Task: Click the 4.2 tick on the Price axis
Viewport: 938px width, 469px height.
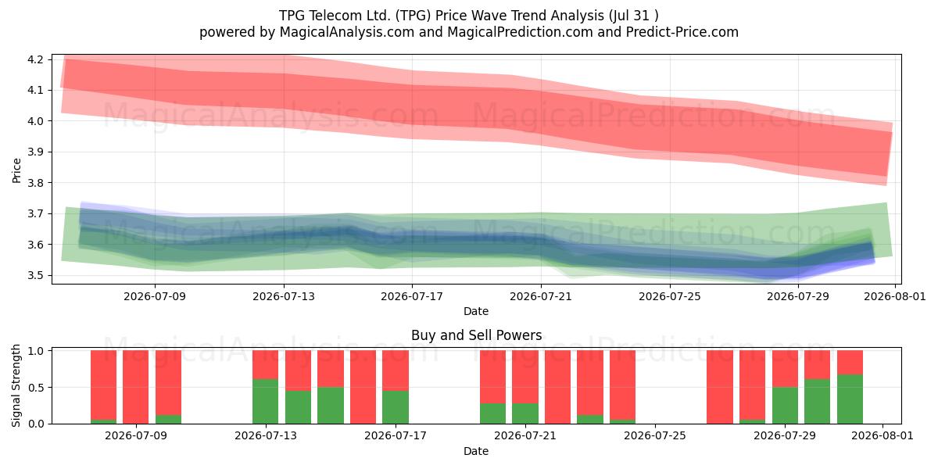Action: point(35,59)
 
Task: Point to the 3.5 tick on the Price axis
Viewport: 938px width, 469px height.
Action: point(35,275)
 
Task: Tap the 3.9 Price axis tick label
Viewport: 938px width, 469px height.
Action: point(35,152)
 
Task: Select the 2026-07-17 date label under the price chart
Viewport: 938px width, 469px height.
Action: point(412,296)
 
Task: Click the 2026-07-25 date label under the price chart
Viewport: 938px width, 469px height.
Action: point(670,296)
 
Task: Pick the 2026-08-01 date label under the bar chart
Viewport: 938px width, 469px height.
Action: point(883,436)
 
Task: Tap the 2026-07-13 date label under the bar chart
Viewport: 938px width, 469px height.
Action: point(266,436)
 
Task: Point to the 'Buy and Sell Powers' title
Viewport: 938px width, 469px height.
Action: point(477,335)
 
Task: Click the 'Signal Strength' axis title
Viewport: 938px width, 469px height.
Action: point(16,385)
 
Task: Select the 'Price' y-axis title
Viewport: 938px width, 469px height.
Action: point(16,170)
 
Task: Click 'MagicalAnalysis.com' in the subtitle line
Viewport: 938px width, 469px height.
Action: point(347,32)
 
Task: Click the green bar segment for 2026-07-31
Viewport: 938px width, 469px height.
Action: point(850,399)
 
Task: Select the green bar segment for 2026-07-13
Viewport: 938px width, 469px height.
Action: point(266,401)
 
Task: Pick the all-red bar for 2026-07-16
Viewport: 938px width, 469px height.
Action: point(363,387)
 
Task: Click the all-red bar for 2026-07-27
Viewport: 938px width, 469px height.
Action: point(720,387)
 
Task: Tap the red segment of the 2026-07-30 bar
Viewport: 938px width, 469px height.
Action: point(818,364)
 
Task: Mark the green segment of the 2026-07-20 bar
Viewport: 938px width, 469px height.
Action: point(493,414)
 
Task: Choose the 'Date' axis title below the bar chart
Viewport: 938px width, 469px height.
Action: point(476,451)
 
